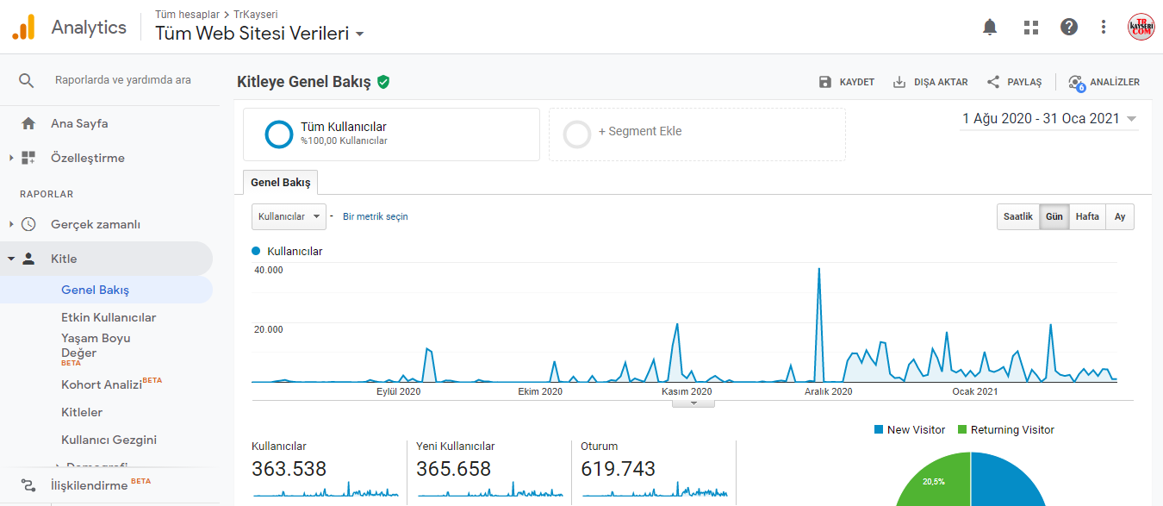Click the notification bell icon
click(x=990, y=27)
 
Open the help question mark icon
click(x=1068, y=27)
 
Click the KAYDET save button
click(x=847, y=82)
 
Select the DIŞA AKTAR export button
click(x=930, y=82)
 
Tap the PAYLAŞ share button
click(x=1015, y=82)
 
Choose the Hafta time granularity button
click(x=1087, y=216)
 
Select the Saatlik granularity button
click(x=1017, y=216)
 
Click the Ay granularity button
click(x=1120, y=216)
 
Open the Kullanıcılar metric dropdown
click(x=289, y=216)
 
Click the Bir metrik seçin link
click(x=376, y=216)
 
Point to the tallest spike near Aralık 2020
click(x=819, y=269)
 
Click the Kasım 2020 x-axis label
click(x=687, y=391)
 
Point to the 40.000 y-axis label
click(x=269, y=270)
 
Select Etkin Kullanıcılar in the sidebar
click(x=109, y=317)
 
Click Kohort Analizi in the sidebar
click(x=102, y=384)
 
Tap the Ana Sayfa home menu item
click(x=79, y=123)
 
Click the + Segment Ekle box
click(x=697, y=134)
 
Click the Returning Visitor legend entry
click(x=1005, y=429)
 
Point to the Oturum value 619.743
click(x=618, y=469)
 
